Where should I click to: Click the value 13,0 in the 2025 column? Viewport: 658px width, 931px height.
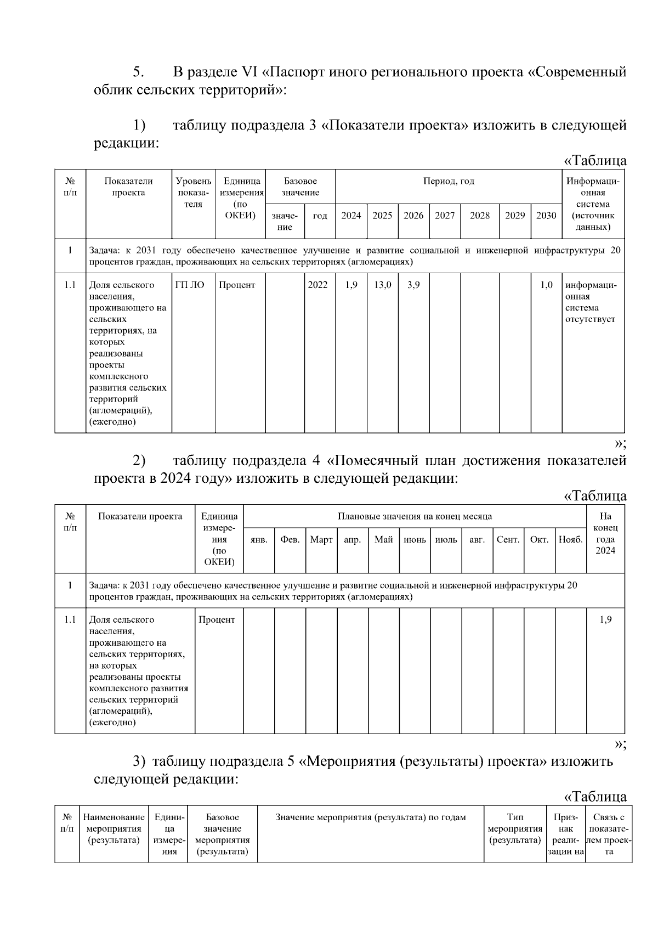point(382,285)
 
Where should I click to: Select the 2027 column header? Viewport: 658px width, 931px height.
point(445,216)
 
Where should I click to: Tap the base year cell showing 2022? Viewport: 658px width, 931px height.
point(317,285)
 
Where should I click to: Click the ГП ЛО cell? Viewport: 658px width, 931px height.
point(190,285)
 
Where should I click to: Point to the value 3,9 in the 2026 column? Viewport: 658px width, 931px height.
point(413,285)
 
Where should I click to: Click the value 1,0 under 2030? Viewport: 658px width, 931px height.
point(546,285)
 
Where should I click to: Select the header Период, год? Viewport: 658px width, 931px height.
point(449,181)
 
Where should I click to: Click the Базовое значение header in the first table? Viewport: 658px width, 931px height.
point(300,187)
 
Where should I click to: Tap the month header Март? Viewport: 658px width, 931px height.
point(321,539)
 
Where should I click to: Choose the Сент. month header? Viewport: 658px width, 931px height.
point(508,539)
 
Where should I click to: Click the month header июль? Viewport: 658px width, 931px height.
point(446,539)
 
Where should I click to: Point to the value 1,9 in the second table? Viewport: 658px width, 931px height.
point(605,619)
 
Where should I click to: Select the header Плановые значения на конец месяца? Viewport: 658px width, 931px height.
point(415,516)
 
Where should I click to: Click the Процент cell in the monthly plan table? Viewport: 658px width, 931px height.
point(217,619)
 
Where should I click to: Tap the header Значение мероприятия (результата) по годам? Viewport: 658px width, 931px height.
point(370,817)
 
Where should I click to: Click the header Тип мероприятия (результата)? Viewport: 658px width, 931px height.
point(515,828)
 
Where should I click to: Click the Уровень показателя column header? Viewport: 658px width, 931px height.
point(193,193)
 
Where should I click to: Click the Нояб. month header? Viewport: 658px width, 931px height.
point(570,539)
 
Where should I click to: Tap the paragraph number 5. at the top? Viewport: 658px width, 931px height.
point(139,72)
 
